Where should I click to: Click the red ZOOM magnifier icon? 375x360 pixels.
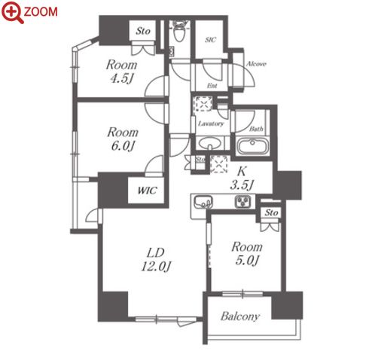[x=13, y=12]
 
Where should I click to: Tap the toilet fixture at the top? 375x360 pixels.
[x=178, y=31]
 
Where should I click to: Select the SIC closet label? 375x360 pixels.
[x=210, y=40]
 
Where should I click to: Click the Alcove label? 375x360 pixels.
[x=256, y=64]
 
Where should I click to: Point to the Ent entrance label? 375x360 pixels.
[x=212, y=86]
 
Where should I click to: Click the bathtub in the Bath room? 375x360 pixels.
[x=253, y=146]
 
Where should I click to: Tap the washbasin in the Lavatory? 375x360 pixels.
[x=210, y=143]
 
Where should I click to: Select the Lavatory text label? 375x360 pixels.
[x=211, y=124]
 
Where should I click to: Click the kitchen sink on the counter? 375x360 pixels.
[x=203, y=202]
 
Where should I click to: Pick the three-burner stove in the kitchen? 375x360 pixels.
[x=243, y=202]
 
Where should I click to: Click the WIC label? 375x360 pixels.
[x=147, y=191]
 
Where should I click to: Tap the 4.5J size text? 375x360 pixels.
[x=121, y=78]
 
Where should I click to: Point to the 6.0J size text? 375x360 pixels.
[x=123, y=146]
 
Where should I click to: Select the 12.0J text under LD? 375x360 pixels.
[x=156, y=266]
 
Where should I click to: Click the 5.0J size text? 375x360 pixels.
[x=247, y=261]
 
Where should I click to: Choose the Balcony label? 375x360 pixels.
[x=240, y=316]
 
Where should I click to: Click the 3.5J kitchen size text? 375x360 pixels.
[x=242, y=185]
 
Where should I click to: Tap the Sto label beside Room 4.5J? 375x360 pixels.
[x=143, y=31]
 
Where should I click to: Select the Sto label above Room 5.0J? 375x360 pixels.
[x=271, y=212]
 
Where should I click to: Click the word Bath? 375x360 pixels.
[x=256, y=129]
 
